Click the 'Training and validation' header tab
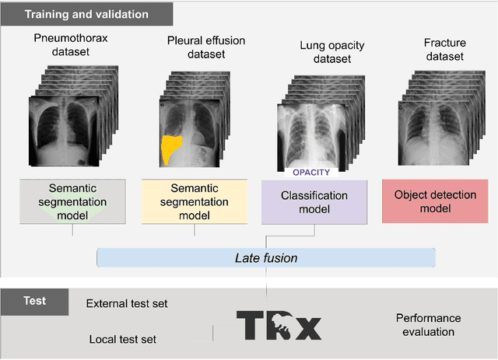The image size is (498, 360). point(86,13)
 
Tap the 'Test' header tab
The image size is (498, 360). point(34,301)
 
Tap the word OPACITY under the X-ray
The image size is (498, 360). point(311,173)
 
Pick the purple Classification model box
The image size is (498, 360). point(314,201)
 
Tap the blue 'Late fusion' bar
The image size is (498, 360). point(267,257)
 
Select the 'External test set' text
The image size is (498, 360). point(127,304)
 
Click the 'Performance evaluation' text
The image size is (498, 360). point(428,325)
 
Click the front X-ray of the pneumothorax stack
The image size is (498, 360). point(65,132)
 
